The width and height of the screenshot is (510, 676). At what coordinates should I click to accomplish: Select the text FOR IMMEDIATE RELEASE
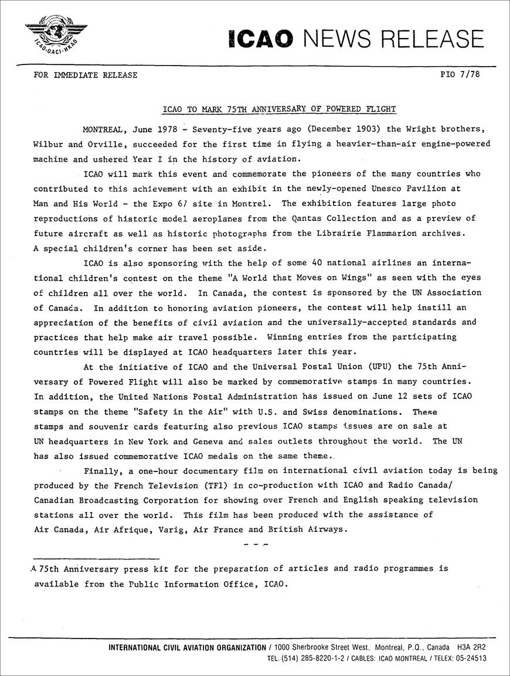coord(86,75)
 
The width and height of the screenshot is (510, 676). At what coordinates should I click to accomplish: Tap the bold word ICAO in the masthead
coord(261,38)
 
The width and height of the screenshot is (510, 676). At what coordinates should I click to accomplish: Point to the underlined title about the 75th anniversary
coord(278,109)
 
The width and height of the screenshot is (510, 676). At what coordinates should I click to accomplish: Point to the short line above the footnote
coord(97,558)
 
